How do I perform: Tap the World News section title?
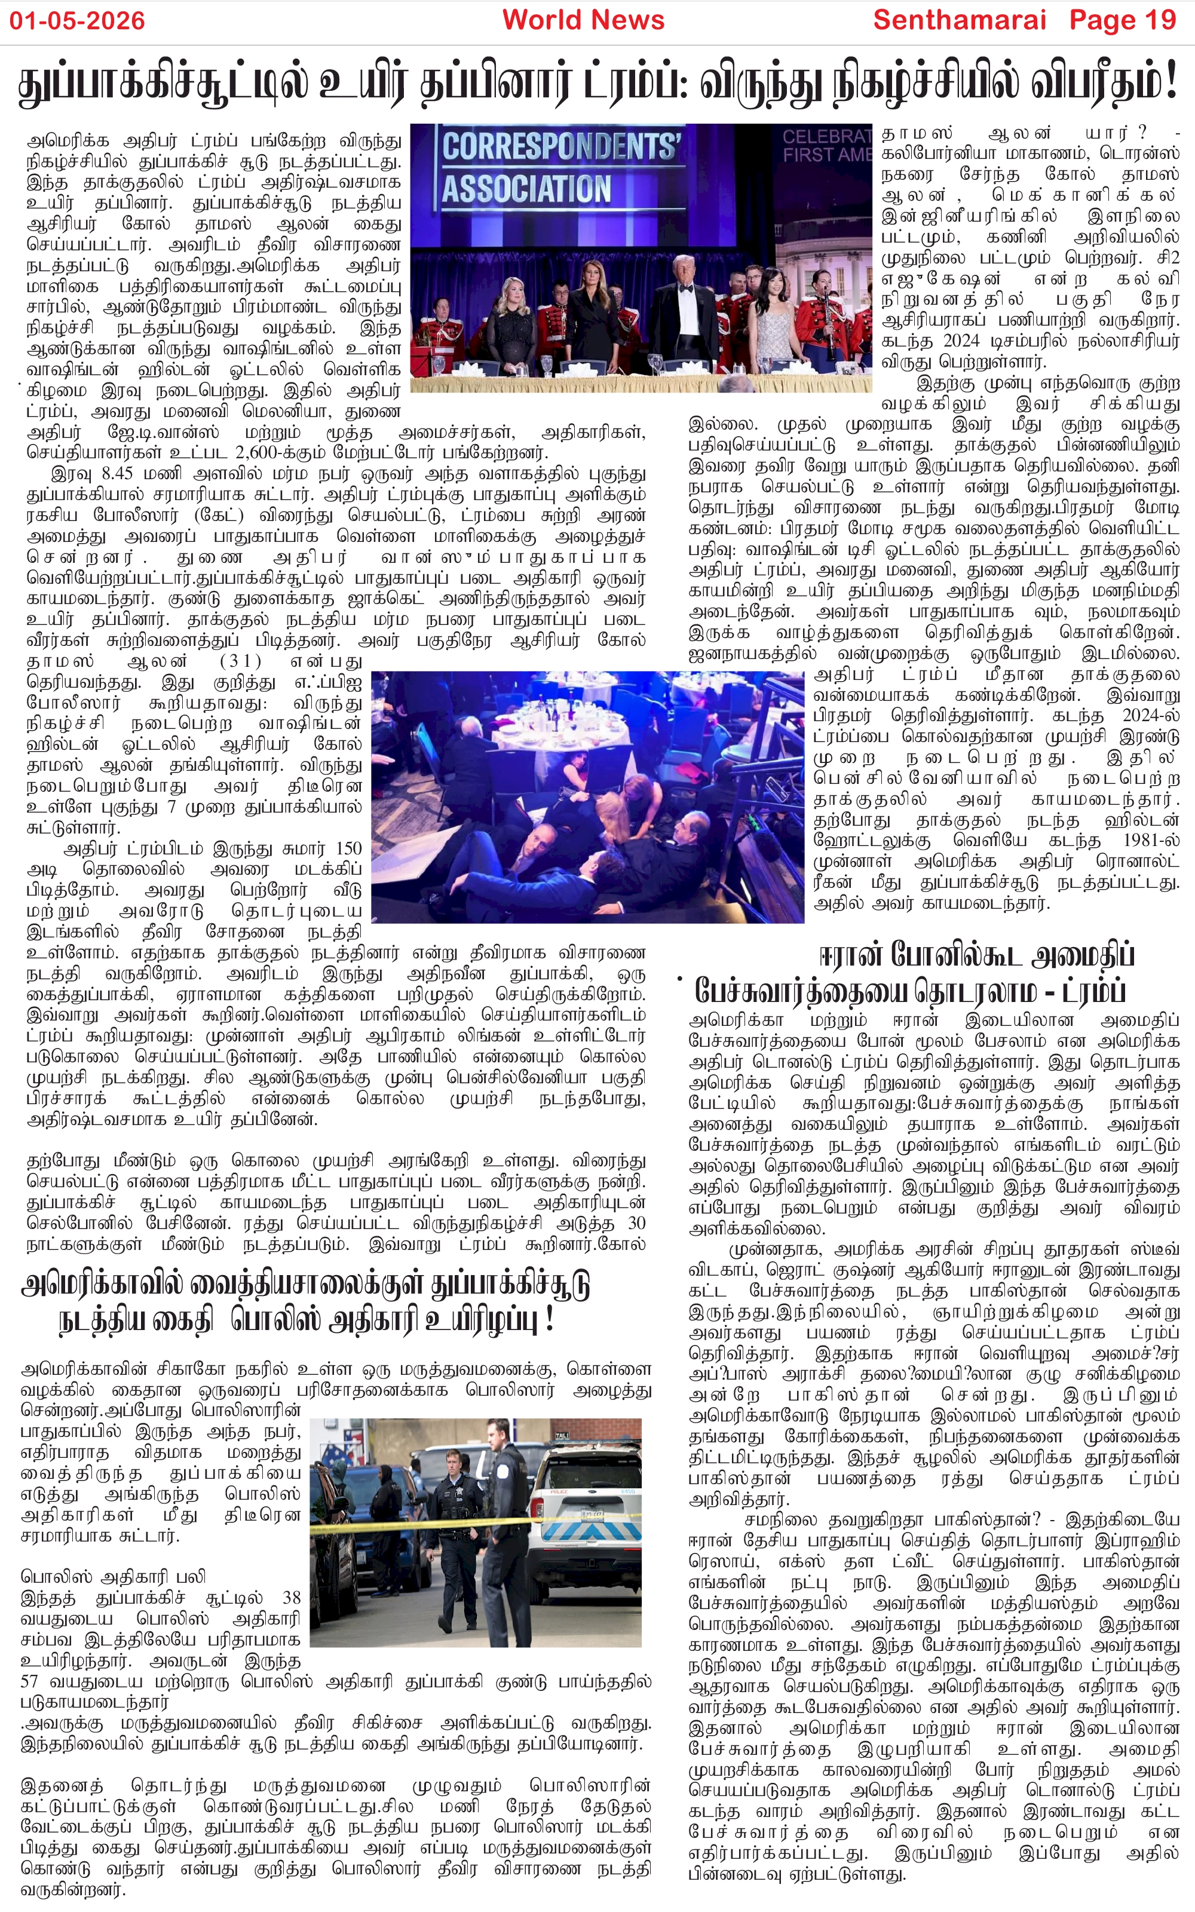click(583, 20)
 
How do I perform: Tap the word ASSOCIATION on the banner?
click(526, 189)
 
